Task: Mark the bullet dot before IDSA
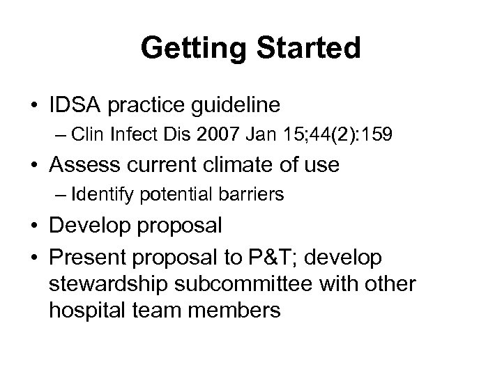[33, 106]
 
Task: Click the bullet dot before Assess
[33, 166]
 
